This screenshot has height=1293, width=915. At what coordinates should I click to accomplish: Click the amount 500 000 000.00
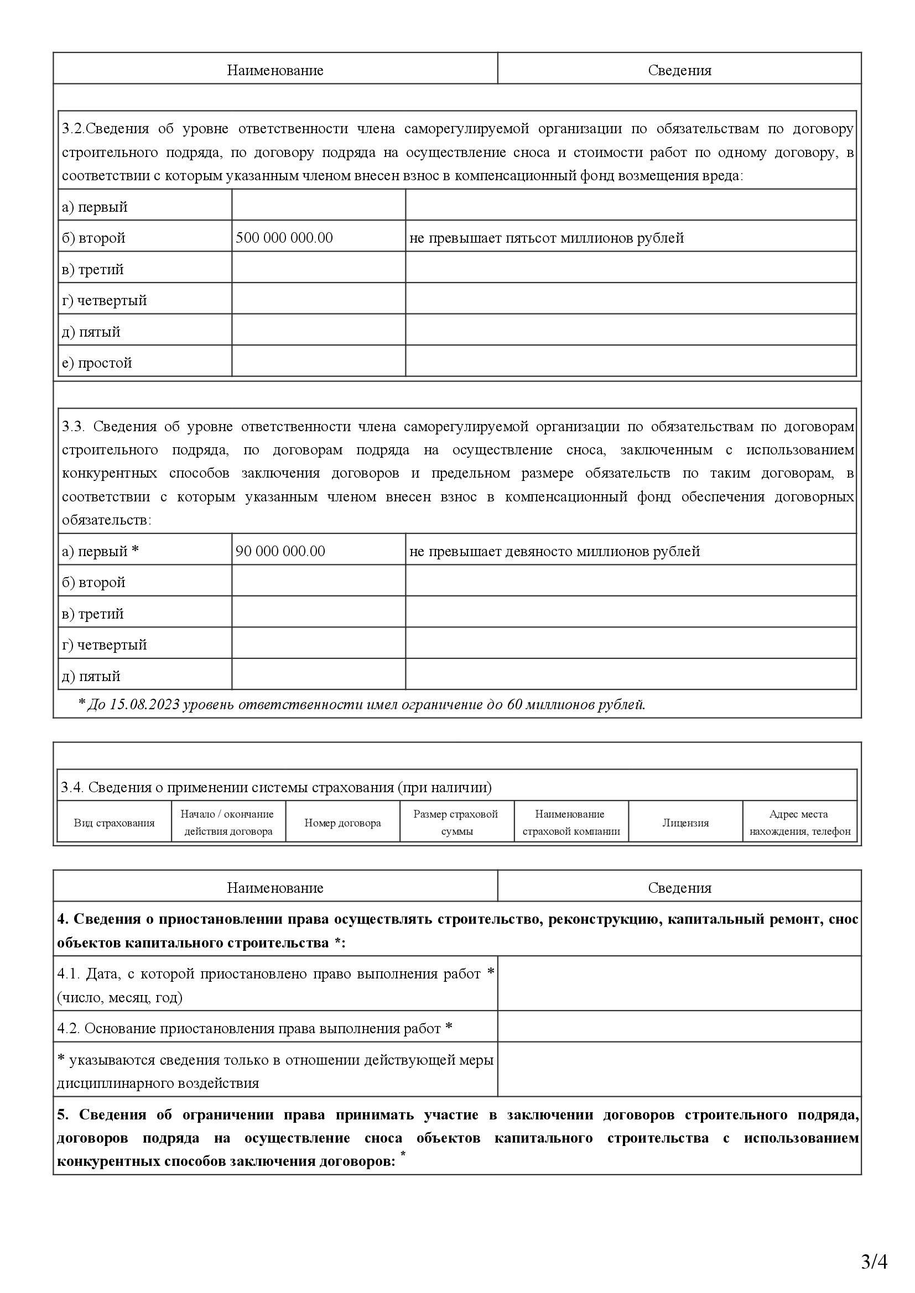point(284,238)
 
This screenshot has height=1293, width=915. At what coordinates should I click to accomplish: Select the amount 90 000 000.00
point(280,551)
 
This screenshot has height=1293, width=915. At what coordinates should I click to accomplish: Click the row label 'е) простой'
point(97,363)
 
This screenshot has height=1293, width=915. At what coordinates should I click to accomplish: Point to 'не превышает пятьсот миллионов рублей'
point(547,238)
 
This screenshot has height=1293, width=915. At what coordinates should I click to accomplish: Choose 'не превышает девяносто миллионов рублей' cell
point(554,551)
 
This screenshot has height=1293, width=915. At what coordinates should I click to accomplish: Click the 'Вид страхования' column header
point(115,823)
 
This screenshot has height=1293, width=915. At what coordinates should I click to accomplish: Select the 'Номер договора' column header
point(342,823)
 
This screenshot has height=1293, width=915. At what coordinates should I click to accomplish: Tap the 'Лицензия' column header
point(685,823)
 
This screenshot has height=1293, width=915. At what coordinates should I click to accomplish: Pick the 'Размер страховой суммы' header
point(456,823)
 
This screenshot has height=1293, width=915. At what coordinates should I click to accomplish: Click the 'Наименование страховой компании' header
point(571,823)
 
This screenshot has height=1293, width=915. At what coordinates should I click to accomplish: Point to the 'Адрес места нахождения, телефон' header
point(799,823)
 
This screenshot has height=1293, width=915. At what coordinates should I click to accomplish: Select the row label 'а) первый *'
point(100,551)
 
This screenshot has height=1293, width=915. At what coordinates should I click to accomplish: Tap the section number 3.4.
point(72,787)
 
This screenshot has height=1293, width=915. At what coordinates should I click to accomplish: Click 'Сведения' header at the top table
point(679,70)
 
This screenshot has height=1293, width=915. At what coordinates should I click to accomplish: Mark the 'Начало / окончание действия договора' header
point(228,823)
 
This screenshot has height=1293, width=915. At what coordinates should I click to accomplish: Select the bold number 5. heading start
point(63,1114)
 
